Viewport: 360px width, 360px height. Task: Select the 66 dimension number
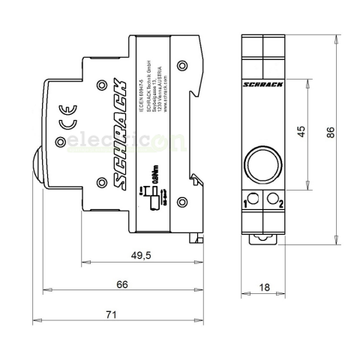tap(122, 284)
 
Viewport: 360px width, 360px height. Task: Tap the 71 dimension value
tap(111, 316)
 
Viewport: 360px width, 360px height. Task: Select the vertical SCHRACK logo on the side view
tap(118, 132)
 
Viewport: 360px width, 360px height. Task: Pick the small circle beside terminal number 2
tap(272, 199)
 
